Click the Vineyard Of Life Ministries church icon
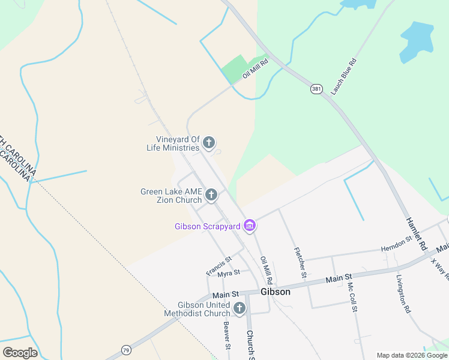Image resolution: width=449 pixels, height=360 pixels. point(208,142)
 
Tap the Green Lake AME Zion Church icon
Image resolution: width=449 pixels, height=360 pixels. point(211,194)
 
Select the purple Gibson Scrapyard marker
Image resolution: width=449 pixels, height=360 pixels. point(250,226)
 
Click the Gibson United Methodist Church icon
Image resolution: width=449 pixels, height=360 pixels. point(239,308)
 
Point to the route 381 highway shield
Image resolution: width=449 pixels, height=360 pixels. point(316,89)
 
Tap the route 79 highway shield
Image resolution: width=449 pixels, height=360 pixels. point(126,349)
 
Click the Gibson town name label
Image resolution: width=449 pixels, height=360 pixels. point(276,292)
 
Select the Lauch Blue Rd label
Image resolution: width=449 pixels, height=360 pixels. point(344,76)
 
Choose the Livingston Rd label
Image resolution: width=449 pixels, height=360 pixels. point(403,294)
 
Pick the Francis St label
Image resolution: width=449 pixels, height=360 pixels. point(218,266)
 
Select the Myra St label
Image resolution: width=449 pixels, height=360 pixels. point(229,272)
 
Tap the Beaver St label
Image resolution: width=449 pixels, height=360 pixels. point(227,335)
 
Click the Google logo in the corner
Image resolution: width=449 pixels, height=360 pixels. point(20,352)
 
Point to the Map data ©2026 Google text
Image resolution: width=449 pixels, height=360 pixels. point(411,355)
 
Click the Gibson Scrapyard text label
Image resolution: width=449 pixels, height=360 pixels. point(208,226)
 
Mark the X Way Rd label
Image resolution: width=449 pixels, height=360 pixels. point(439,268)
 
